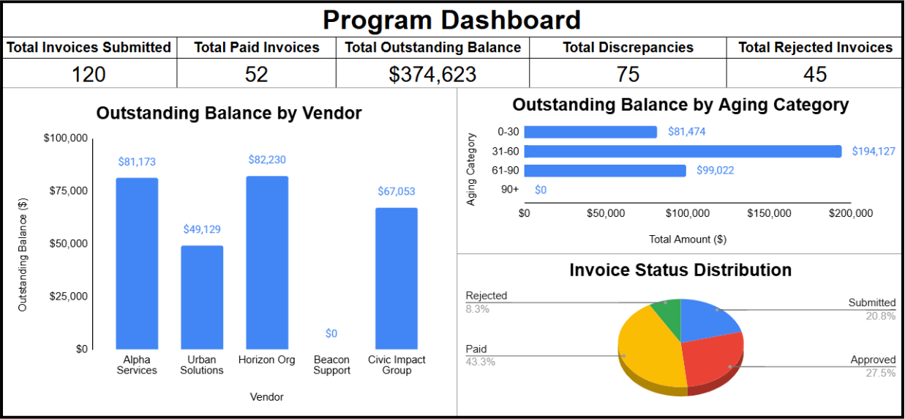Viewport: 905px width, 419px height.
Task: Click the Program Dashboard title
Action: coord(452,19)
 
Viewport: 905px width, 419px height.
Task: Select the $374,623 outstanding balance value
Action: coord(432,74)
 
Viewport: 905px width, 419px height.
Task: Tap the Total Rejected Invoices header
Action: coord(815,48)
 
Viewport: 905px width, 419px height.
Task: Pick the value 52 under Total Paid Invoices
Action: coord(257,74)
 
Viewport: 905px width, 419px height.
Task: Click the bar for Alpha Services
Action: coord(137,264)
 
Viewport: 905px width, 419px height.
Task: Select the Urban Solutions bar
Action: coord(202,297)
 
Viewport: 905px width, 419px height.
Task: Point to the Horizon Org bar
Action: coord(267,263)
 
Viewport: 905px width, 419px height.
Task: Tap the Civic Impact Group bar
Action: coord(397,278)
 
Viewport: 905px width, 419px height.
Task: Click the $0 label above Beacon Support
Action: coord(331,334)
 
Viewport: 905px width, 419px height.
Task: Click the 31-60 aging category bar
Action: coord(683,152)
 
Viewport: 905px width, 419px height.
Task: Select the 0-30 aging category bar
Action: coord(590,132)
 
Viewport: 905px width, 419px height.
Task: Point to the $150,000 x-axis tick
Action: coord(770,214)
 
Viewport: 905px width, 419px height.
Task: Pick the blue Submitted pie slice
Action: coord(708,319)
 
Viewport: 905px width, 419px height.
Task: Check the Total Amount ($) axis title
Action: coord(687,239)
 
